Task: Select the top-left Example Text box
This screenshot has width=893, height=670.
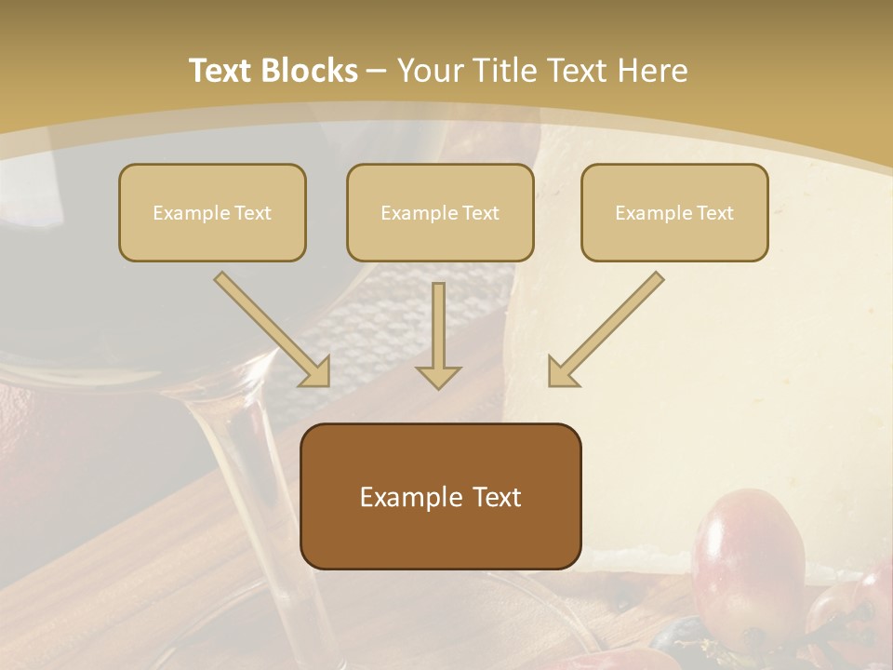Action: [212, 212]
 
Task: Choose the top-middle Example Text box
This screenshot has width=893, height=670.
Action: [440, 212]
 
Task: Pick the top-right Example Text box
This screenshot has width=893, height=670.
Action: [674, 212]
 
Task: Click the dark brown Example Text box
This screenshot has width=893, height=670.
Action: [440, 496]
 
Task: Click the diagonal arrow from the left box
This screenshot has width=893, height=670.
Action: [273, 329]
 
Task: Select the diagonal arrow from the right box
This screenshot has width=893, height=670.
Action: [606, 329]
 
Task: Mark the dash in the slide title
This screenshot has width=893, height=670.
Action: [377, 72]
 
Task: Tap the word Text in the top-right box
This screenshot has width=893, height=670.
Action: [714, 212]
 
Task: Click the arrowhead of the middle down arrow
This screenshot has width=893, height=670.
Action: [438, 376]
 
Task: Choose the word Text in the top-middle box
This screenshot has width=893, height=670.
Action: [480, 212]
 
